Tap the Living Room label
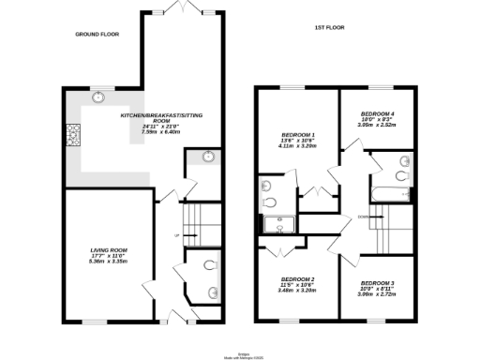109,249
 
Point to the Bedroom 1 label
298,134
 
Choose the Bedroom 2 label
298,279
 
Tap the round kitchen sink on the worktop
98,97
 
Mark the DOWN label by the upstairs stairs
363,215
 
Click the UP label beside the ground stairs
175,234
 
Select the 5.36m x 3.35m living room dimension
109,261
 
